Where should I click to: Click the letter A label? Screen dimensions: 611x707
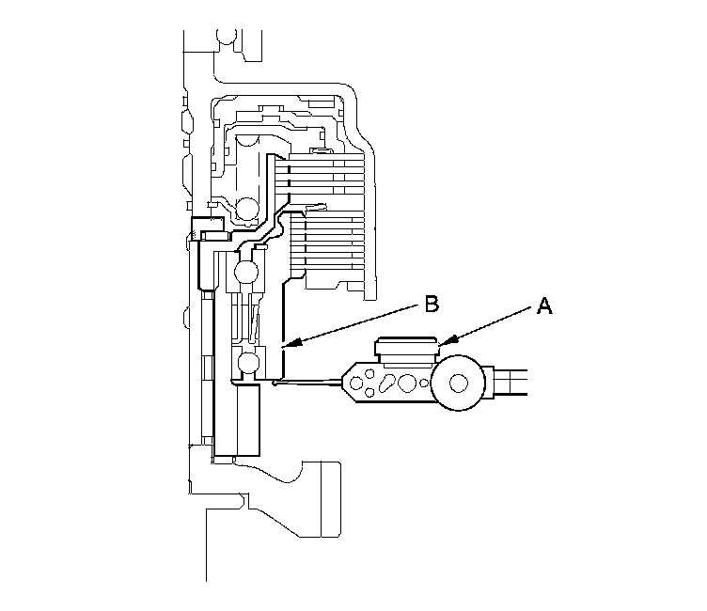click(x=542, y=305)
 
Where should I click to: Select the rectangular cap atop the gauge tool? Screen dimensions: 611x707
click(x=405, y=349)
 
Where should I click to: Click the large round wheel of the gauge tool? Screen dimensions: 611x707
click(x=460, y=382)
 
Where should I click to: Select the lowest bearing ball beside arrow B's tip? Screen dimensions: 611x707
click(x=249, y=362)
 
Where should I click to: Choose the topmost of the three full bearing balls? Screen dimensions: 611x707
click(x=248, y=208)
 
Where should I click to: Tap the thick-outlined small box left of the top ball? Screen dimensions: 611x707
click(x=206, y=226)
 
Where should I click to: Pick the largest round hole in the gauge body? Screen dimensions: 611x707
click(x=408, y=384)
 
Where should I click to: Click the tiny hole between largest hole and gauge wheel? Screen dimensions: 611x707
click(x=426, y=384)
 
